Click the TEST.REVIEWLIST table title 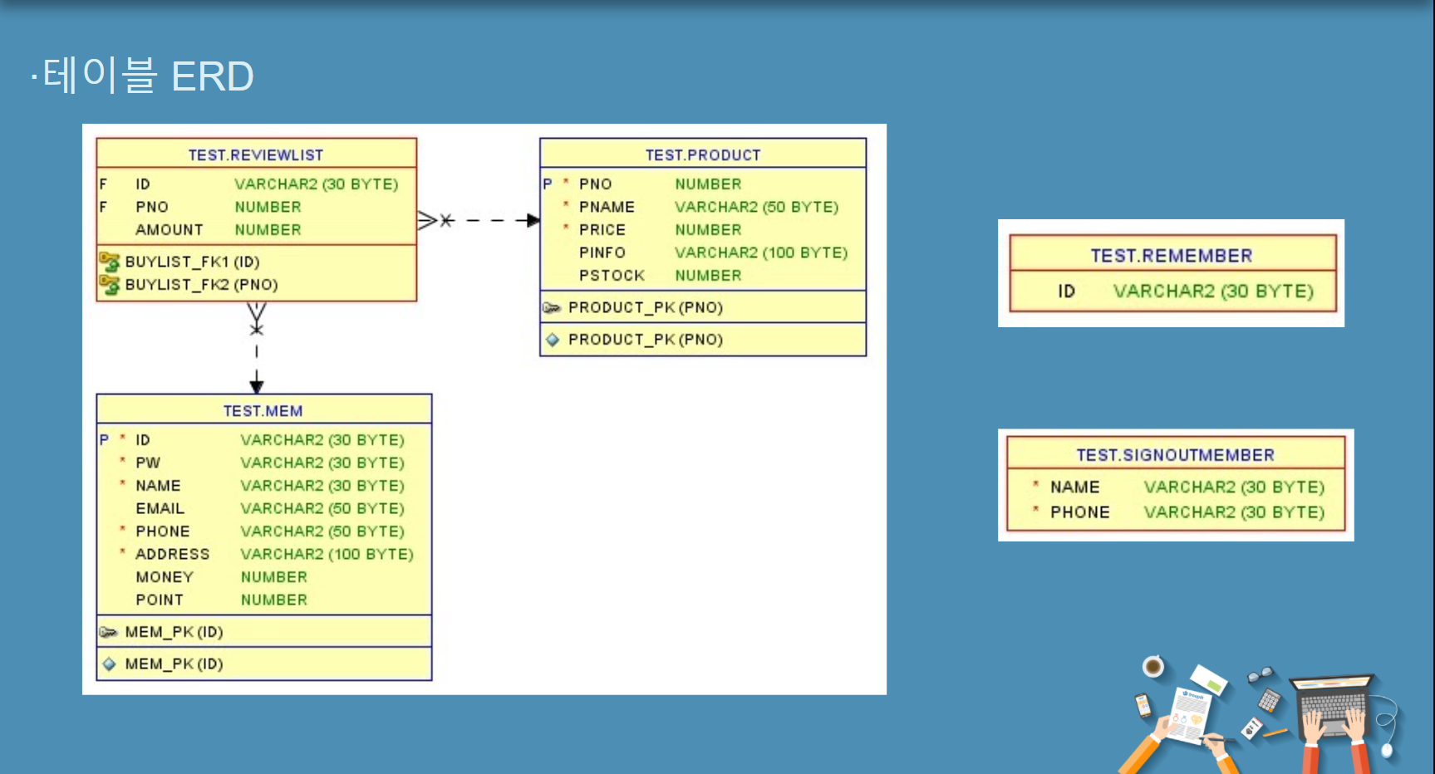[x=255, y=155]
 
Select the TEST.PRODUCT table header [x=703, y=155]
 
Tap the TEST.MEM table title [x=263, y=411]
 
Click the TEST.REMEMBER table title [x=1171, y=256]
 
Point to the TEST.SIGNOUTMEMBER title [x=1175, y=455]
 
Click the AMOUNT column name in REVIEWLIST [x=169, y=230]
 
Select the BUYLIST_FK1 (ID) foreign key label [x=192, y=262]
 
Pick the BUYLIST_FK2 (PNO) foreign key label [x=201, y=285]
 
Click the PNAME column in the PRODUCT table [x=607, y=207]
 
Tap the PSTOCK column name [x=612, y=276]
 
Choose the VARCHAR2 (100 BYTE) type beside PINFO [x=761, y=252]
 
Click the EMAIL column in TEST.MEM [x=160, y=508]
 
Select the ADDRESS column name [x=172, y=554]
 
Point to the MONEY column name [x=165, y=577]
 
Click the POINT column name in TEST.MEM [x=160, y=600]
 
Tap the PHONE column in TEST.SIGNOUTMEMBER [x=1079, y=512]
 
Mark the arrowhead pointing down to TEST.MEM [x=257, y=385]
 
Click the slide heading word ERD [x=212, y=76]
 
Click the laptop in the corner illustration [x=1333, y=706]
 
